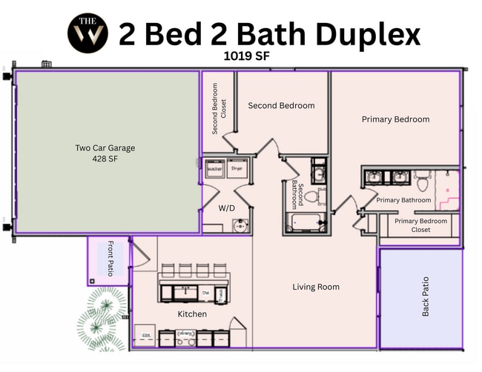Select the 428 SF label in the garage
pos(105,159)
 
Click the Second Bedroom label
pos(281,106)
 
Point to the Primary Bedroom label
pos(395,119)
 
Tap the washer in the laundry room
pos(215,169)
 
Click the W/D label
pos(226,208)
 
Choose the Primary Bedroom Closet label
pos(420,225)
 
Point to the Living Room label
pos(315,287)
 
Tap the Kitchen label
pos(192,314)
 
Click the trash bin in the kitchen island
pos(220,293)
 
